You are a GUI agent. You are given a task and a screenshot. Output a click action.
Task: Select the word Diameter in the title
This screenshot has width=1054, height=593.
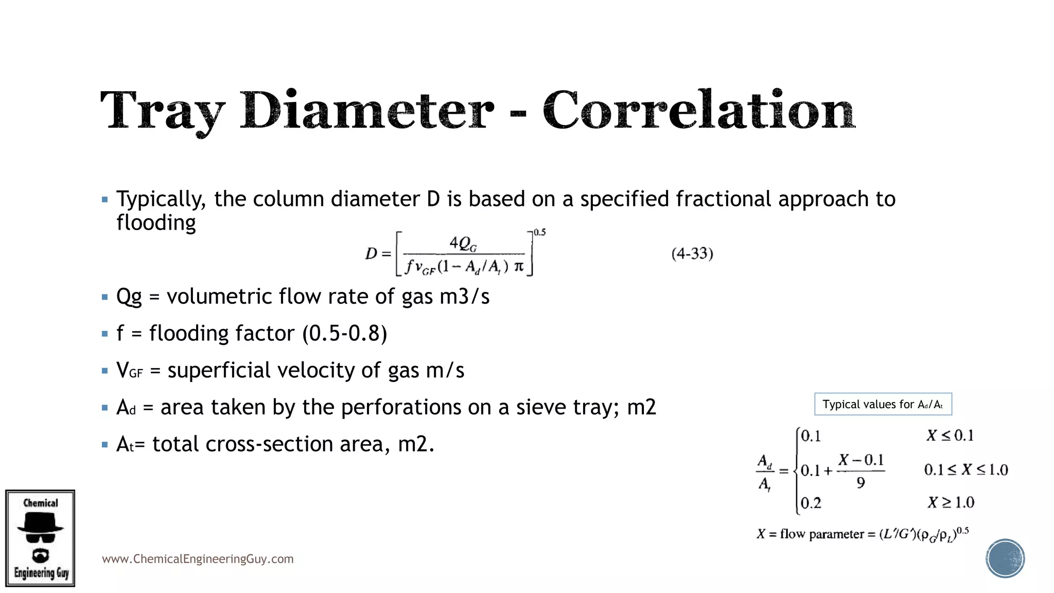coord(367,110)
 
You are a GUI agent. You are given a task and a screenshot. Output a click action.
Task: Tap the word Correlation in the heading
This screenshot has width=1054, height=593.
coord(698,110)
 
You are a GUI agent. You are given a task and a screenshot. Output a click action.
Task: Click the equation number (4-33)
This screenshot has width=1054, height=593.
coord(692,254)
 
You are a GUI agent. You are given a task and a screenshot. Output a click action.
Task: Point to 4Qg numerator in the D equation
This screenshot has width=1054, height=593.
coord(463,243)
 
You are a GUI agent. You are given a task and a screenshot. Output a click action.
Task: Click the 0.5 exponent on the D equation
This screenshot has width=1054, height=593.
coord(539,232)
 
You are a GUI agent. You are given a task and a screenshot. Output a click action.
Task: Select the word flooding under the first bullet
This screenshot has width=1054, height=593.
coord(156,223)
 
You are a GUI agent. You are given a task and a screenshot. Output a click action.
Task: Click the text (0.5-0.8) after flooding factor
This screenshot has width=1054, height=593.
coord(344,334)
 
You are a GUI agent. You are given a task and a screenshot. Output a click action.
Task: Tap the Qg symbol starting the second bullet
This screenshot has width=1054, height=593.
coord(129,297)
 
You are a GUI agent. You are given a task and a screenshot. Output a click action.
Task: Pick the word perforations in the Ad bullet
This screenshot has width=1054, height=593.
coord(401,407)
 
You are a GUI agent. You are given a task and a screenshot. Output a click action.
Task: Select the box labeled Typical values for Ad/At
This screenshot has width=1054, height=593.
coord(883,404)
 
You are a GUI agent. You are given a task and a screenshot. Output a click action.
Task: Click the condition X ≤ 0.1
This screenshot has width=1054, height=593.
coord(950,436)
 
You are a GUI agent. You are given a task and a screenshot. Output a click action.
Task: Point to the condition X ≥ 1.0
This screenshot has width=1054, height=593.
coord(951,502)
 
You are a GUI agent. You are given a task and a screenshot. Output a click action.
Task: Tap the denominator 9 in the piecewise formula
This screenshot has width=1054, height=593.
coord(860,483)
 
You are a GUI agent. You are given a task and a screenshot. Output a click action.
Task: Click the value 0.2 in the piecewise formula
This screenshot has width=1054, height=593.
coord(811,503)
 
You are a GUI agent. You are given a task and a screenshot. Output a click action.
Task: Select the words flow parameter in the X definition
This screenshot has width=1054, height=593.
coord(821,534)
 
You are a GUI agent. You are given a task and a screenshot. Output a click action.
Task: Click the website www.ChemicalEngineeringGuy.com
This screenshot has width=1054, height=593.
coord(198,559)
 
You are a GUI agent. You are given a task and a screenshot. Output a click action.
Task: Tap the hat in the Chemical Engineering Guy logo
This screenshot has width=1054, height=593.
coord(40,523)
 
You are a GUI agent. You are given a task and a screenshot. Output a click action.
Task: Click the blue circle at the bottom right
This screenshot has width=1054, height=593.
coord(1005,559)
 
